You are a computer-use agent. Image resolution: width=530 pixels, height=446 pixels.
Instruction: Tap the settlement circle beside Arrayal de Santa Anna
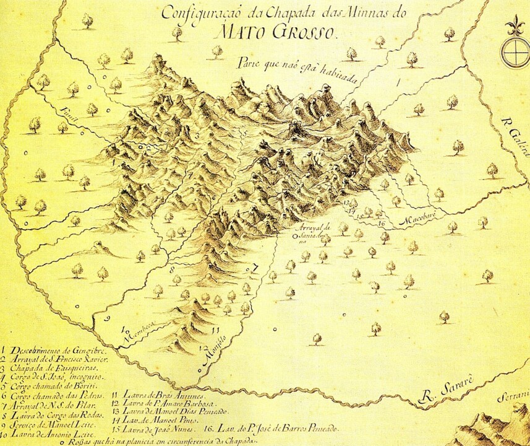click(x=295, y=235)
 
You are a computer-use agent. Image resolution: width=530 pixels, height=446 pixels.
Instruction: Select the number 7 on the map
click(x=254, y=268)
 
